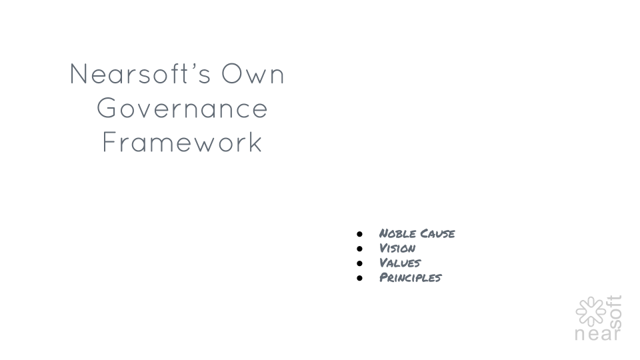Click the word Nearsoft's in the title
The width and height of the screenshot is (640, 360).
click(x=141, y=74)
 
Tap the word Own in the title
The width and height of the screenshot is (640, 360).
click(x=253, y=74)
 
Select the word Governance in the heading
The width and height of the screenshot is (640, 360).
click(x=182, y=108)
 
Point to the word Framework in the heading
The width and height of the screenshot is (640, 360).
click(x=181, y=142)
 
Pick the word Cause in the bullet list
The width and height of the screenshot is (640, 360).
click(x=437, y=233)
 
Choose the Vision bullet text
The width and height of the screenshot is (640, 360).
click(x=397, y=248)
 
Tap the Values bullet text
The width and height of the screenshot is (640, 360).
click(x=400, y=263)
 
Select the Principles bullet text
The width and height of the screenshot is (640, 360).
click(x=410, y=277)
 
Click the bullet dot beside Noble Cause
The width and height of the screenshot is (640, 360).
click(x=359, y=234)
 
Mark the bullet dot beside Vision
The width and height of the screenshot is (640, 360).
click(x=359, y=249)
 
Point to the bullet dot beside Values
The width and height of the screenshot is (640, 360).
click(x=359, y=263)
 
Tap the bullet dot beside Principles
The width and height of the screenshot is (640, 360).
click(x=359, y=278)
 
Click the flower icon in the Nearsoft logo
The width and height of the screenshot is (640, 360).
click(x=591, y=311)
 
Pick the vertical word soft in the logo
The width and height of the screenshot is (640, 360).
click(x=615, y=312)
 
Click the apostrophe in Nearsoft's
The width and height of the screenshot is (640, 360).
click(x=187, y=67)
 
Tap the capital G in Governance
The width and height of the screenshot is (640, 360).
click(x=107, y=108)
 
